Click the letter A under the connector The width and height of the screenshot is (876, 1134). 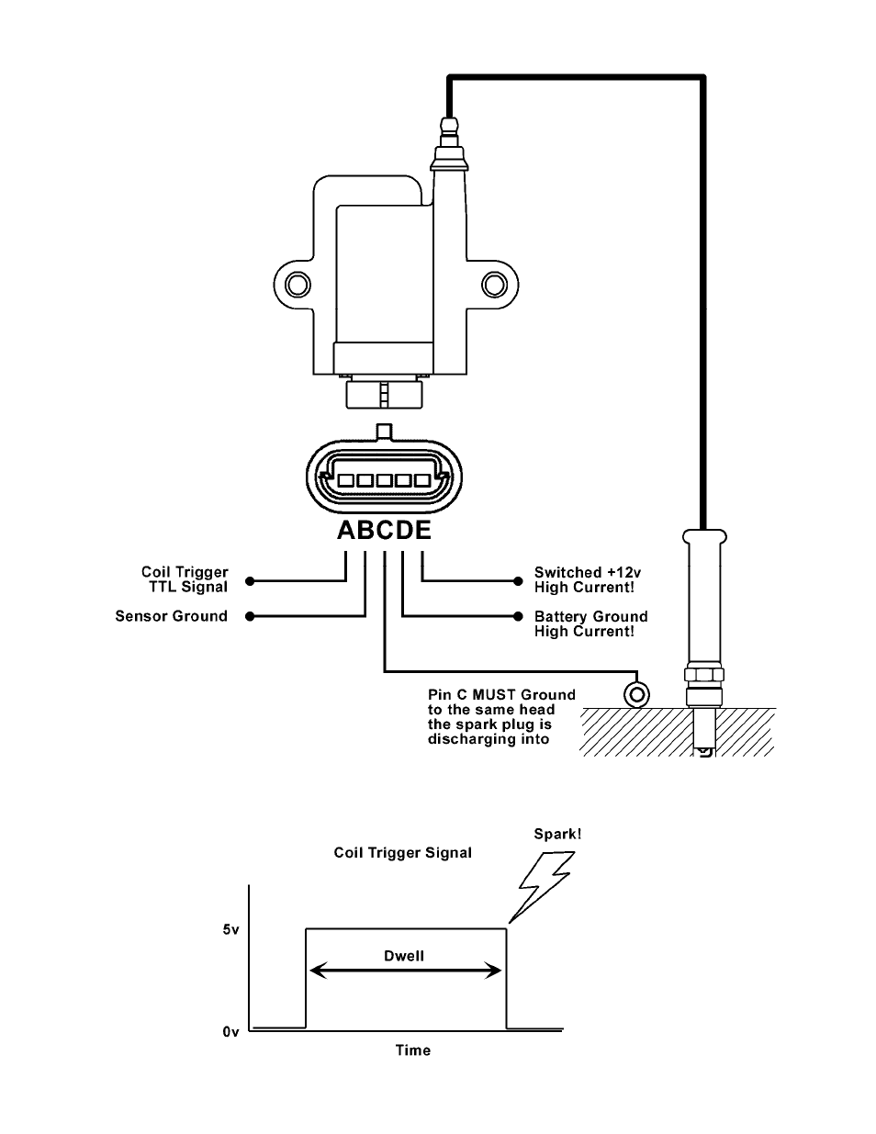[x=347, y=530]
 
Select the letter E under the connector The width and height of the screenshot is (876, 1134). [x=422, y=530]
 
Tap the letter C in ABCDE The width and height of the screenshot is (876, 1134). [x=385, y=530]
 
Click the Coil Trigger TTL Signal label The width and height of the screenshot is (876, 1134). [x=185, y=579]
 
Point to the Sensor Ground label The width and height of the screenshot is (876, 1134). [x=171, y=616]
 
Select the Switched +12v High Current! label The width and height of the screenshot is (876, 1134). [x=588, y=579]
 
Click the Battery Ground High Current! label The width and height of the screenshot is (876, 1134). [x=590, y=623]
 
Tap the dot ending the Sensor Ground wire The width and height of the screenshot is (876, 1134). [x=250, y=616]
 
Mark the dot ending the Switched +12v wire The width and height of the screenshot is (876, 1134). [x=518, y=581]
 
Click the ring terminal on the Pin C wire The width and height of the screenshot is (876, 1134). [x=636, y=694]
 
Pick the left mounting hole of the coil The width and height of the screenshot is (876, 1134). [x=298, y=285]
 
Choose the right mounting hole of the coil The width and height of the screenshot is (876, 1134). [x=494, y=285]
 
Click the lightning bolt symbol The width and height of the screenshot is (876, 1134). [x=543, y=887]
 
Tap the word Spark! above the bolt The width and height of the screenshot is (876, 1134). [x=557, y=834]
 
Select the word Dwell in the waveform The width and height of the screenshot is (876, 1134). [x=404, y=956]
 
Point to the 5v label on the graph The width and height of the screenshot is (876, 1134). [x=231, y=929]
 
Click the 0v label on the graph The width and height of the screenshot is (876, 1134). [x=230, y=1032]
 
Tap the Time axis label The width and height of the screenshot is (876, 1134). [x=412, y=1050]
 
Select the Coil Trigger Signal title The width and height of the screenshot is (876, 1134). [x=403, y=853]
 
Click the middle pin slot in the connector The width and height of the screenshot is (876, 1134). [x=384, y=480]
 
